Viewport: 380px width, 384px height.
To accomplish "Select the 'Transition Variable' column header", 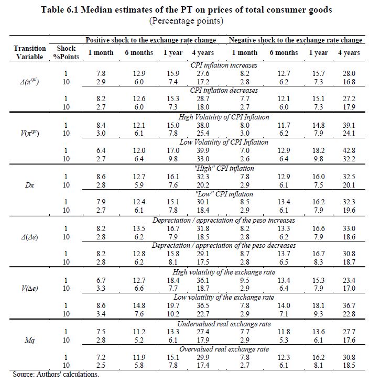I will coord(29,52).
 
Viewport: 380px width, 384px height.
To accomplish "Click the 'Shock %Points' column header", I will coord(66,52).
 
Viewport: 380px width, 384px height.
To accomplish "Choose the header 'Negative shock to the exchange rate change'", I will coord(296,40).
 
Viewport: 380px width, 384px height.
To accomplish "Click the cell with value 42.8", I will coord(349,150).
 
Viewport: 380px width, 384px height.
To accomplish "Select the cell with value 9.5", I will coord(244,280).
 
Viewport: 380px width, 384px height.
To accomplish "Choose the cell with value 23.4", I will coord(349,280).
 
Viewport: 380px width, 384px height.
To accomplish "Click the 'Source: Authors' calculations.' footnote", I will coord(56,375).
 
